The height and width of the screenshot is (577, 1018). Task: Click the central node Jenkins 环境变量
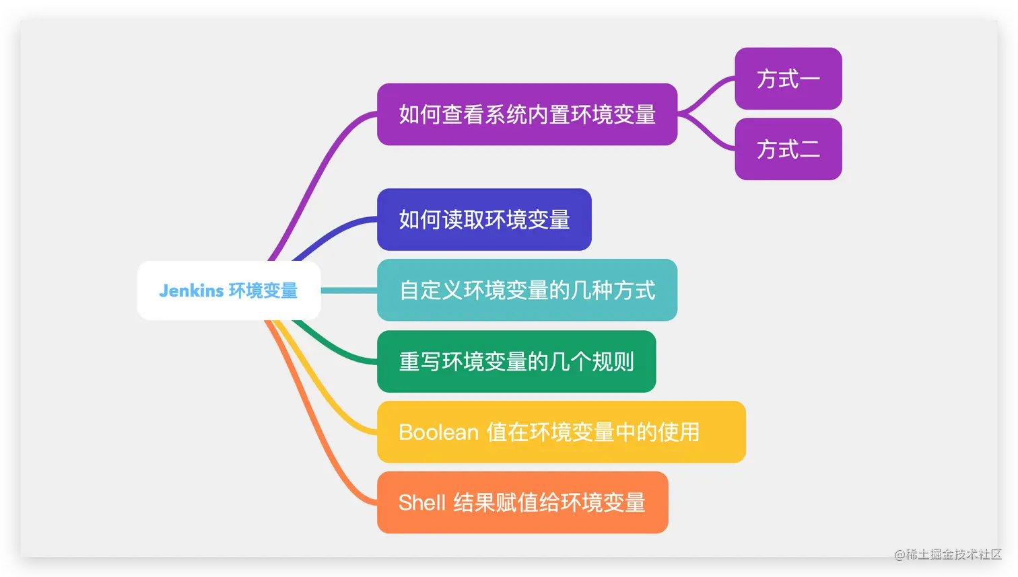coord(229,291)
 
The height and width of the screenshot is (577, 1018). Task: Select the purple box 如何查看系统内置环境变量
coord(527,114)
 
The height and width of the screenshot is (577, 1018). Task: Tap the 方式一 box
coord(788,79)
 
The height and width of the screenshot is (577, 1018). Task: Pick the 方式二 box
coord(788,149)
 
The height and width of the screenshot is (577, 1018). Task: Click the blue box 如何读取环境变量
coord(484,220)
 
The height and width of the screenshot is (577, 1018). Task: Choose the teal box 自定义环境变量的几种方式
coord(527,291)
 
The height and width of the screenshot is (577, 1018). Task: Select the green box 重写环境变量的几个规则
coord(516,362)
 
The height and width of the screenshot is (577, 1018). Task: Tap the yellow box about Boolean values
coord(561,432)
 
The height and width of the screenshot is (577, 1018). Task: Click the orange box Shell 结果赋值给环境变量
coord(522,503)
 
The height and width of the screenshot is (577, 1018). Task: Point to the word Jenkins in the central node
coord(191,291)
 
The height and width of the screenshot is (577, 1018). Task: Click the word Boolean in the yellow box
coord(438,432)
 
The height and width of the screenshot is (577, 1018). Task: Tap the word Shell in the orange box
coord(422,503)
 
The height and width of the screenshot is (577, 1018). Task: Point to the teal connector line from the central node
coord(349,291)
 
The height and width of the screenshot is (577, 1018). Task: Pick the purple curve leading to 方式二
coord(707,134)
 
